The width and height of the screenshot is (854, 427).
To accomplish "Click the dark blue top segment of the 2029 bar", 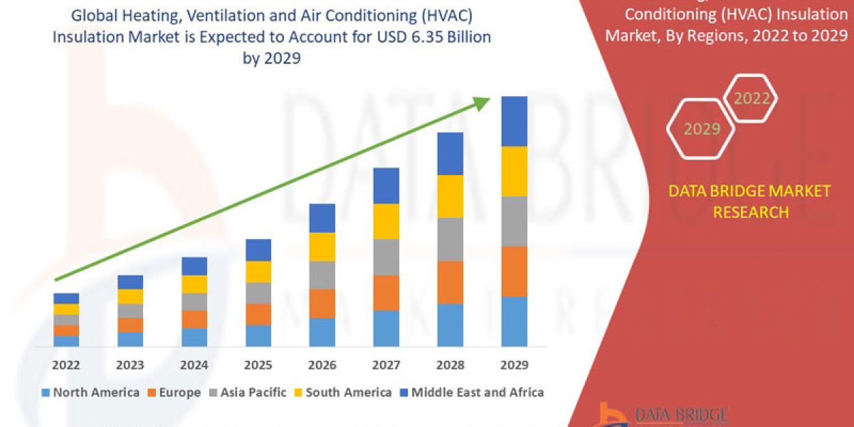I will (x=514, y=121).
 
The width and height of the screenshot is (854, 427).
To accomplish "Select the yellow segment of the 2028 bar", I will (x=450, y=196).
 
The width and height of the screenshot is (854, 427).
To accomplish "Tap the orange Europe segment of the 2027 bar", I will (x=386, y=292).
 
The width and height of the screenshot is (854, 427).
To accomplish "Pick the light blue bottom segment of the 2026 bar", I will (x=322, y=332).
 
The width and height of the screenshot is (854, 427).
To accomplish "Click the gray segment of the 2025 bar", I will (x=258, y=293).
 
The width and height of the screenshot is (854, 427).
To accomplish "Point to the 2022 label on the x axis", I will (x=66, y=365).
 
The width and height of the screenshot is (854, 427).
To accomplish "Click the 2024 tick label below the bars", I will (x=194, y=365).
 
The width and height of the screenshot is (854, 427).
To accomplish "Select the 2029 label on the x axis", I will (x=514, y=365).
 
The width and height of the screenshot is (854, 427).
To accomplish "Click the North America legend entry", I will (x=90, y=392).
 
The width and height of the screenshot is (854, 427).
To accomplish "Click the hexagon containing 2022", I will (x=751, y=98).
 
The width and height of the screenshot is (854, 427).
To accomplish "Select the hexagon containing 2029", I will (x=702, y=129).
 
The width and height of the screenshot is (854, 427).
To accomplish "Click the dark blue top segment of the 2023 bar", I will (x=130, y=282).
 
